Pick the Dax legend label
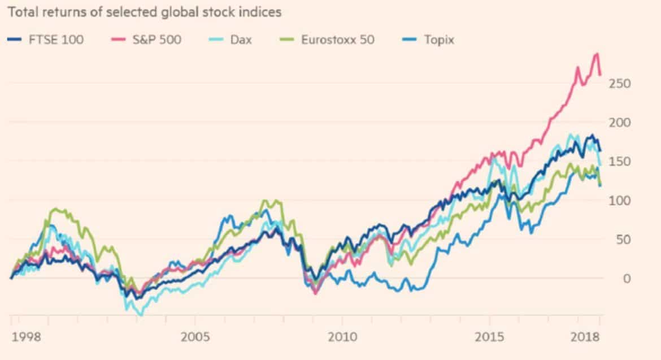tap(240, 40)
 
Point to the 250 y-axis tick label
tap(619, 84)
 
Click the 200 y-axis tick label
tap(619, 123)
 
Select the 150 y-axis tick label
tap(619, 162)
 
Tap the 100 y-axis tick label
tap(619, 201)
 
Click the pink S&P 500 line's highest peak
tap(597, 54)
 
